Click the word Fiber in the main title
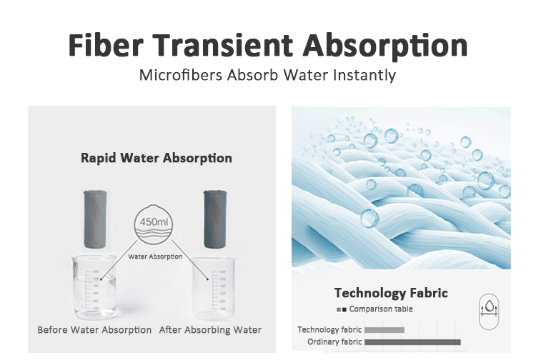(106, 45)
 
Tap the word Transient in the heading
(222, 45)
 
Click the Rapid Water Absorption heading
(157, 158)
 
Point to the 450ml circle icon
(153, 224)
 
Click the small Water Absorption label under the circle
(155, 256)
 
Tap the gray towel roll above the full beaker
(95, 219)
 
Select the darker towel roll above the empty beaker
(215, 219)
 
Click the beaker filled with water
(94, 287)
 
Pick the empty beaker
(214, 288)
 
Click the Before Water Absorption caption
(94, 330)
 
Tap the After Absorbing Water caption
(210, 330)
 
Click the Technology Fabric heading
(391, 293)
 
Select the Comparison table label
(381, 309)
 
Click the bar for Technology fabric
(384, 330)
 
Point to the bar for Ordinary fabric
(412, 342)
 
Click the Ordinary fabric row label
(334, 342)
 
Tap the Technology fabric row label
(329, 329)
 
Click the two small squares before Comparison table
(342, 309)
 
